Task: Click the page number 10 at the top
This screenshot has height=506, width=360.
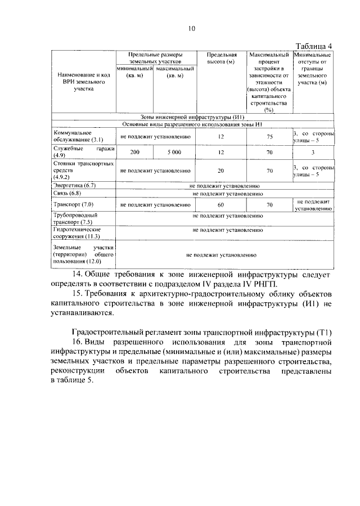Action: pos(192,29)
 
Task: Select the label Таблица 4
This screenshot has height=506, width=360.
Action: pos(314,46)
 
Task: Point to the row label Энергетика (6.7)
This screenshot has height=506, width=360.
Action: pos(74,185)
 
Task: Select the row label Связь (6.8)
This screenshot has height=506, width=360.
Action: pos(67,193)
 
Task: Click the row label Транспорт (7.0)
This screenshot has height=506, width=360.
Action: pos(73,204)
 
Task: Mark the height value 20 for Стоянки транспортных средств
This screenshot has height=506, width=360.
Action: pos(220,171)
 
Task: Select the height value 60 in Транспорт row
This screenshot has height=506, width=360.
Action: pos(220,204)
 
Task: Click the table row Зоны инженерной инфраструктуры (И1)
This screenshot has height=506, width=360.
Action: pos(192,117)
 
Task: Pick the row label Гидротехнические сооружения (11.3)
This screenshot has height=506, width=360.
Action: pos(77,233)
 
